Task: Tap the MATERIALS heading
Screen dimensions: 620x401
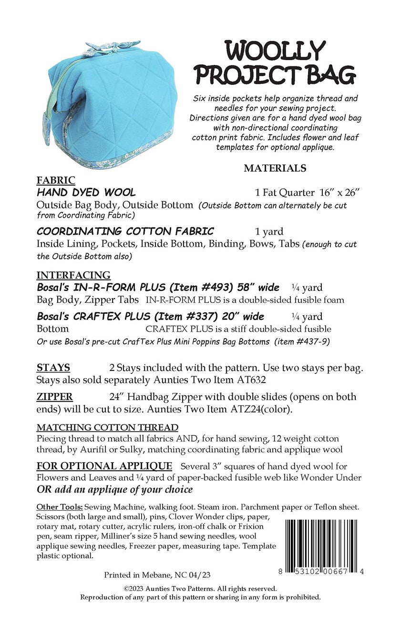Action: (x=275, y=168)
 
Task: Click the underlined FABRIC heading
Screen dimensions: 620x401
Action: (x=56, y=180)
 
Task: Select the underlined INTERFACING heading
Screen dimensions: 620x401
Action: (x=73, y=275)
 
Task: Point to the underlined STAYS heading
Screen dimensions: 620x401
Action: (x=53, y=368)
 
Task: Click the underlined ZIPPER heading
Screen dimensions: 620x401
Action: (x=55, y=397)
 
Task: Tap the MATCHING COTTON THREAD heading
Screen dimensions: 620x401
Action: (x=107, y=427)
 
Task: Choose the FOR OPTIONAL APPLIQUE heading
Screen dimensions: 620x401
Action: (x=104, y=466)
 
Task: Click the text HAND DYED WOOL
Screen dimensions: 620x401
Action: (x=86, y=193)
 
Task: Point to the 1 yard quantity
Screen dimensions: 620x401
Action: (x=269, y=232)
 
